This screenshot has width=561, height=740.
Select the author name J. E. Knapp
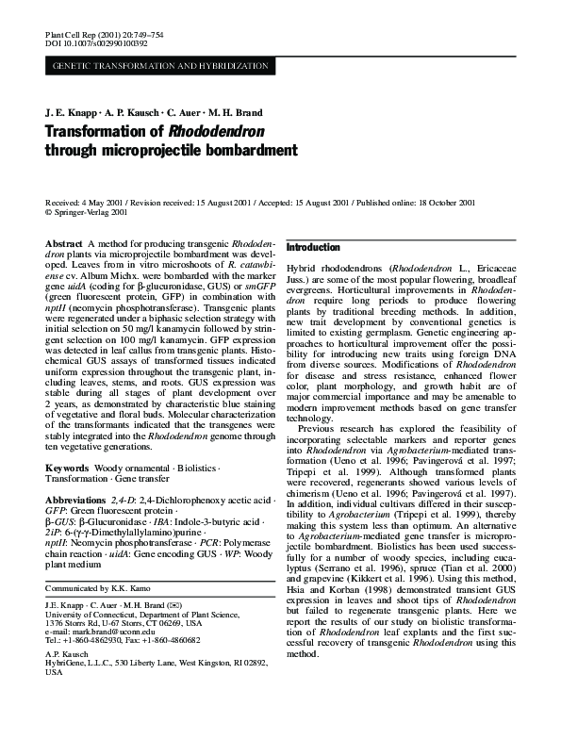click(x=71, y=110)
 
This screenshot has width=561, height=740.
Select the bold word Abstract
click(x=63, y=243)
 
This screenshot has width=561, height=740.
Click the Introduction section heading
click(x=312, y=247)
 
